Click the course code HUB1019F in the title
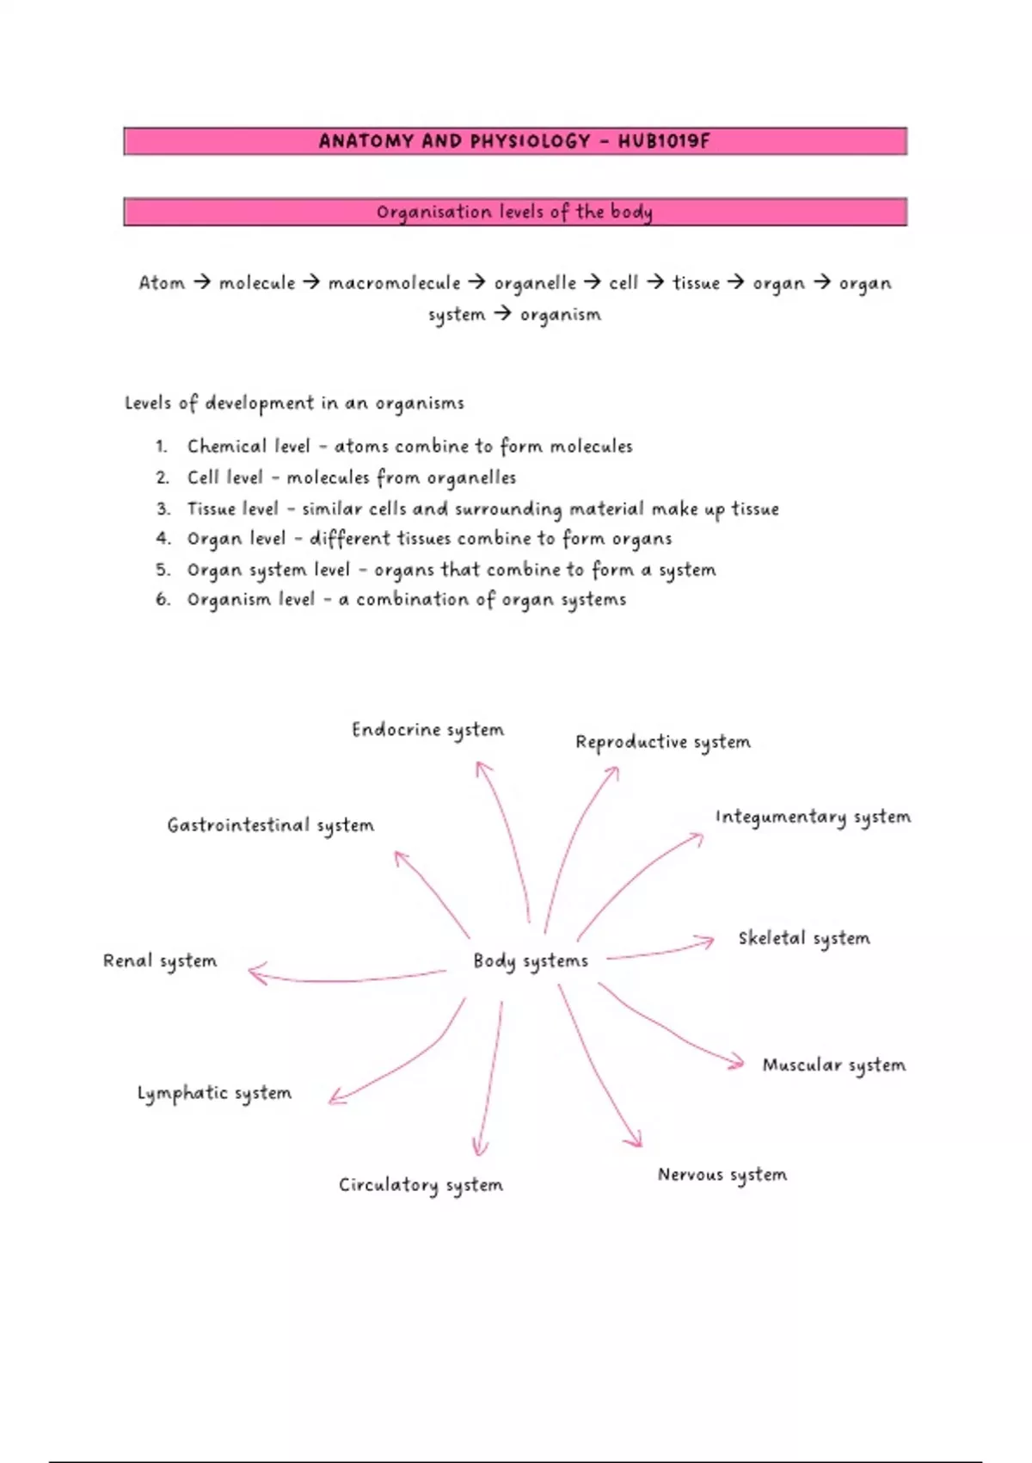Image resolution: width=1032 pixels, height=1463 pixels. (663, 141)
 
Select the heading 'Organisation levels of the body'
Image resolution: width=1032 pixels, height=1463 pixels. (514, 213)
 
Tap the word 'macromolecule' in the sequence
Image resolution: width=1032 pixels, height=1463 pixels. (394, 283)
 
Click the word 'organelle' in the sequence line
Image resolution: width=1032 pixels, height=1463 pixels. (535, 283)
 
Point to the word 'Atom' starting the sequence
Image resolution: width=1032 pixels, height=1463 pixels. (161, 283)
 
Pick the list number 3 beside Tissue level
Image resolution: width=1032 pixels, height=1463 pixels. (163, 508)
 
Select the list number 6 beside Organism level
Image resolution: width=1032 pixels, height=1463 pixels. (163, 599)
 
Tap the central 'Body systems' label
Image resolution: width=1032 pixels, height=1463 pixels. (530, 961)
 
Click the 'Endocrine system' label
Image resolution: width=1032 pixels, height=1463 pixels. (427, 730)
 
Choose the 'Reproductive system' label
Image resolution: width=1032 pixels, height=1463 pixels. (662, 743)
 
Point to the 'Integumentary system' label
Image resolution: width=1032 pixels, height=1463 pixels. (813, 818)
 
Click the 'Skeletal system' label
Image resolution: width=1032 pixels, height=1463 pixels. (803, 939)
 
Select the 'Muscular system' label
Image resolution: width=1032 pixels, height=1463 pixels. (833, 1066)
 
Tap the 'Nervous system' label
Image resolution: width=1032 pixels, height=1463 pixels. (722, 1175)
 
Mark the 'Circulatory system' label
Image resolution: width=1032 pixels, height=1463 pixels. (421, 1185)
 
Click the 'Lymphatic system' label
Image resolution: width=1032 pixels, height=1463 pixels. (214, 1093)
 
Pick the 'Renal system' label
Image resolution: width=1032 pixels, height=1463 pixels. (160, 961)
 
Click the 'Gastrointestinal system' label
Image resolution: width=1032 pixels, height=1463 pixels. (271, 826)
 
